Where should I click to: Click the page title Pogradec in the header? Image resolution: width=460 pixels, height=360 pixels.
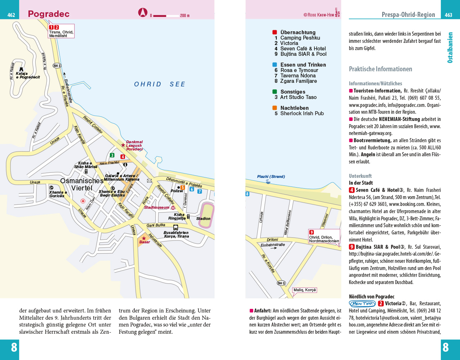coord(49,14)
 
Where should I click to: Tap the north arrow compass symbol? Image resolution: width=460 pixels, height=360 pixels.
coord(143,13)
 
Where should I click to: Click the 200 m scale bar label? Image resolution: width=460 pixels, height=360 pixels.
coord(185,15)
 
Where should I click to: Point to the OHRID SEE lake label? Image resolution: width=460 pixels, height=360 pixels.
coord(160,84)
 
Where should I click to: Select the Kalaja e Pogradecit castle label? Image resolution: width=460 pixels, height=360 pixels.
coord(25,75)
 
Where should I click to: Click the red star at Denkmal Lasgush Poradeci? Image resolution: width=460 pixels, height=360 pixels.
coord(123,145)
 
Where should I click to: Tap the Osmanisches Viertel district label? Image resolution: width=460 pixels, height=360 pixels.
coord(82,184)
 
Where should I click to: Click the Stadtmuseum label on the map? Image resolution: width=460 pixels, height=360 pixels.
coord(157,207)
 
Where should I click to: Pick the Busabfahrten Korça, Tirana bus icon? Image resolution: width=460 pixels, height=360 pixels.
coord(175,228)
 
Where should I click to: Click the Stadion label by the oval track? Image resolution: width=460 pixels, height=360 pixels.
coord(203,219)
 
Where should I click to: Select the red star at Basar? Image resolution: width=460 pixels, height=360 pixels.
coord(144,238)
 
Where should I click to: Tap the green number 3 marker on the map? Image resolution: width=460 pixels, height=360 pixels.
coord(112,155)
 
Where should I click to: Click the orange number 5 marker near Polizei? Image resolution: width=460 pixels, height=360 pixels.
coord(183,188)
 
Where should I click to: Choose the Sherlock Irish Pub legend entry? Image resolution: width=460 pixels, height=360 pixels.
coord(302,113)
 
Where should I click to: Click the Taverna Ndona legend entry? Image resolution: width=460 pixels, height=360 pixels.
coord(298,76)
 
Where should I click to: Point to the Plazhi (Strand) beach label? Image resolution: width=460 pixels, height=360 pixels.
coord(271,177)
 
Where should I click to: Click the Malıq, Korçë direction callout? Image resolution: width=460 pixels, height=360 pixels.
coord(304,290)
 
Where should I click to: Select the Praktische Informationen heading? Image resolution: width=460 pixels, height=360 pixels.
coord(380,69)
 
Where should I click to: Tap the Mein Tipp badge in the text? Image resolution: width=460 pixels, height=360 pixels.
coord(362,303)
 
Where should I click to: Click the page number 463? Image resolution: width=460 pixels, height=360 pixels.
coord(448,15)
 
